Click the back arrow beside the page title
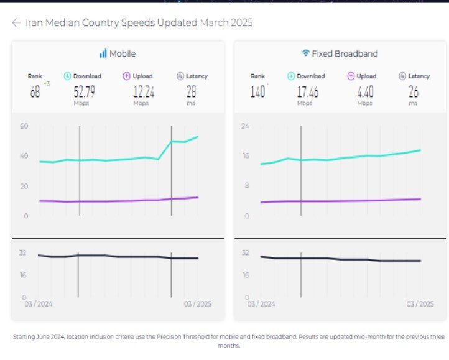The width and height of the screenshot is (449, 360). point(16,23)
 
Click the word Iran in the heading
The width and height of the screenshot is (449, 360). point(33,23)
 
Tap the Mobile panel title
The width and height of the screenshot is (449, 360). point(123,53)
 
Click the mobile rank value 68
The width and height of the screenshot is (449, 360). point(35,92)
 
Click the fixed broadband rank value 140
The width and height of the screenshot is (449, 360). point(257,92)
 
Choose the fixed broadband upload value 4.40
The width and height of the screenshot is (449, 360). point(365,92)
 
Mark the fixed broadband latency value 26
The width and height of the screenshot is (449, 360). point(414,92)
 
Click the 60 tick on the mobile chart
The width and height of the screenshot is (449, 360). point(25,126)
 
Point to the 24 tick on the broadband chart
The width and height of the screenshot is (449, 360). point(246,126)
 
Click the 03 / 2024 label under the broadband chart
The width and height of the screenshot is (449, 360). point(261,304)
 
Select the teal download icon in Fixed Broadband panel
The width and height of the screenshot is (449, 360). point(291,76)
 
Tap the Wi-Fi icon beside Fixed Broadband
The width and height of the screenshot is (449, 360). point(305,53)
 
